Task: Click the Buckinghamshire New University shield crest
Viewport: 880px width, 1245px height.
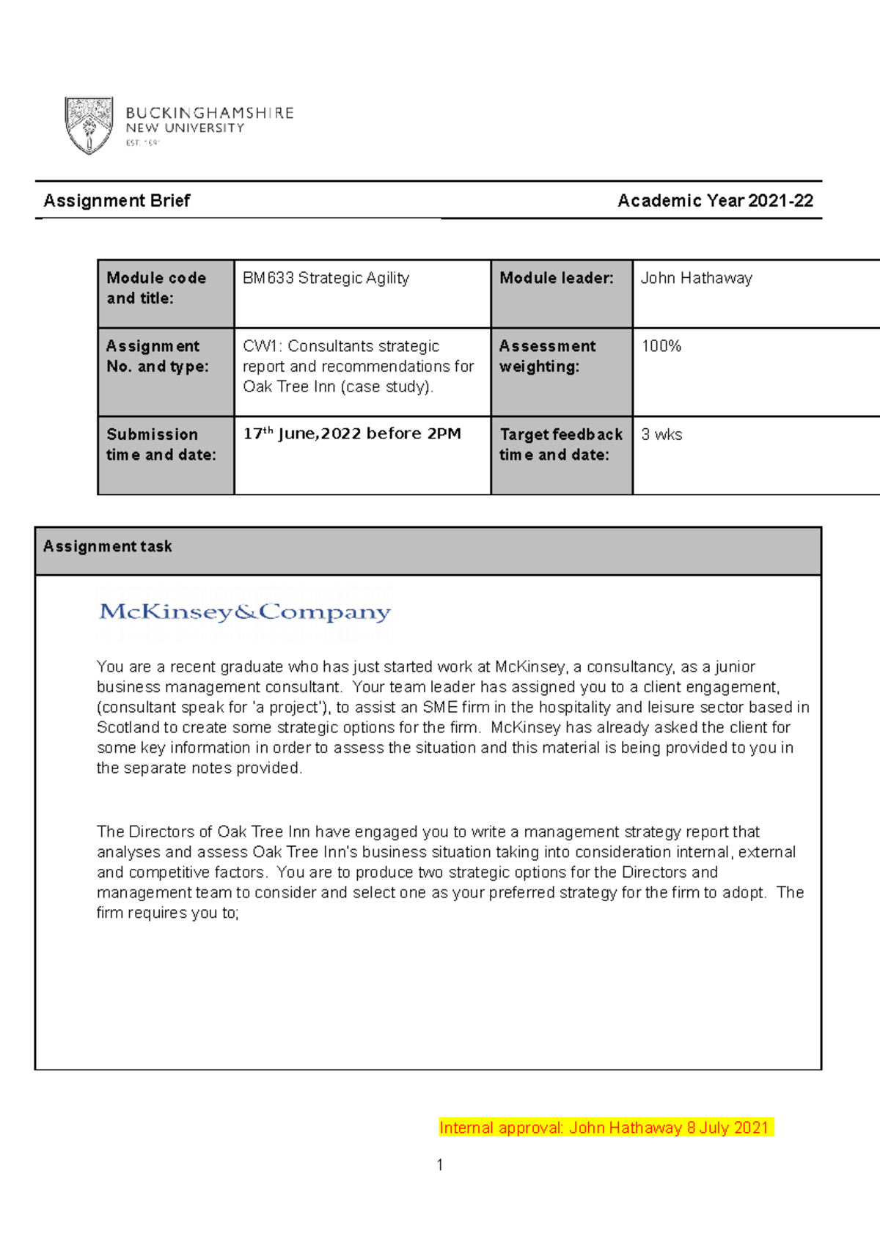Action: point(89,125)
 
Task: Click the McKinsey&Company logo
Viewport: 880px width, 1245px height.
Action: point(244,612)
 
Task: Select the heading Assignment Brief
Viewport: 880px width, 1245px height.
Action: point(117,201)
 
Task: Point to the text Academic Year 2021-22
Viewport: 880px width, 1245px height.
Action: point(715,201)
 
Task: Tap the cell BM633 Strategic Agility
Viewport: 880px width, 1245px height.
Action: point(326,279)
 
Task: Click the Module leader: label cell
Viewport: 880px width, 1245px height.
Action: point(557,279)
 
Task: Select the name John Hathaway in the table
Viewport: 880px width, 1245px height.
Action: point(696,279)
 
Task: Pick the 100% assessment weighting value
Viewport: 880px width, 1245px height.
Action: point(661,346)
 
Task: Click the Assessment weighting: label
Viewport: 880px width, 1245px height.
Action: point(547,356)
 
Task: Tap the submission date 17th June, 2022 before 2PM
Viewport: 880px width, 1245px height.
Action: point(352,434)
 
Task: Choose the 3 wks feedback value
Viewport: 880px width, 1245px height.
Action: point(661,435)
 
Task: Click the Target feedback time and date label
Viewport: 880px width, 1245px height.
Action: point(560,444)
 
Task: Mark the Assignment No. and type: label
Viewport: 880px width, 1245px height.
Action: point(157,356)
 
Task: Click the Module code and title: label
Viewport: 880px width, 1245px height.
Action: point(155,288)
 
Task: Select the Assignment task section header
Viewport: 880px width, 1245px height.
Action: point(108,546)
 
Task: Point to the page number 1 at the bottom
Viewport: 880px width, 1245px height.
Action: point(439,1165)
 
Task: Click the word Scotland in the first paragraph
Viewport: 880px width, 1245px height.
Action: point(128,728)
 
